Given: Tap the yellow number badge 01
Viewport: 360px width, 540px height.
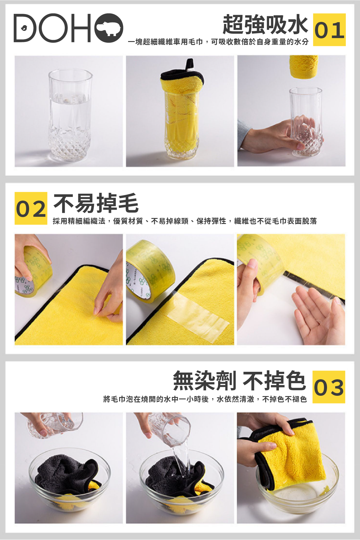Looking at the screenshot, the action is [x=329, y=30].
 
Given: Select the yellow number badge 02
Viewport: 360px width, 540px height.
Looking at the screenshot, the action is [x=31, y=208].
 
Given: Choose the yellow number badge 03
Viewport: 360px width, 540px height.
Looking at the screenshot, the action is [x=329, y=387].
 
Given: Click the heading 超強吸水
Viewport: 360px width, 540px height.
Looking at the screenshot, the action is [x=265, y=25].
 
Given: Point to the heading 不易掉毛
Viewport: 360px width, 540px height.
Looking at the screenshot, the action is [x=96, y=203].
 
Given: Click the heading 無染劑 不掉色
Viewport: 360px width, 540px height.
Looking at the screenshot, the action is [x=239, y=380].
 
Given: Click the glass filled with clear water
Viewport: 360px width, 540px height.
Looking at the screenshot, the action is [x=70, y=115].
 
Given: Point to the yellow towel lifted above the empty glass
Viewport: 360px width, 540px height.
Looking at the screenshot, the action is [x=304, y=67].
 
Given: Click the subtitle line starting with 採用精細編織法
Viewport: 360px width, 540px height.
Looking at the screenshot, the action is [x=185, y=221].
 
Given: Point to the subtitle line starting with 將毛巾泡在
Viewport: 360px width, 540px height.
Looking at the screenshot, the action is [x=205, y=399].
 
